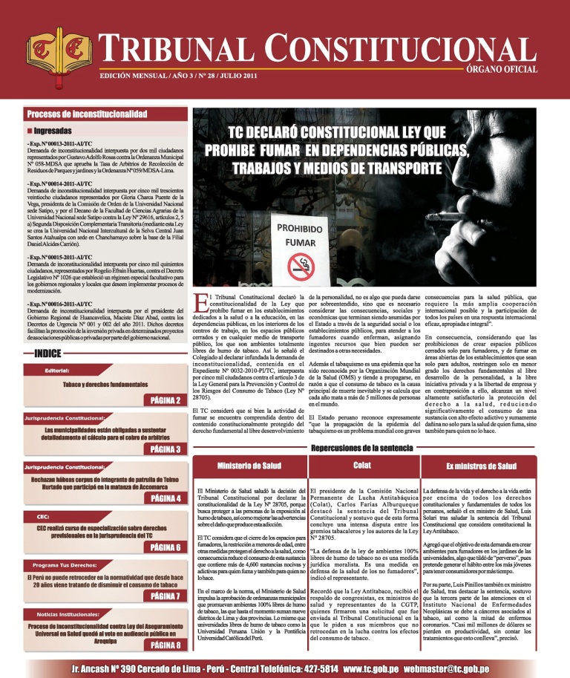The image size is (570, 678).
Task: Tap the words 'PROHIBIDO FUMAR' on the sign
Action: [301, 235]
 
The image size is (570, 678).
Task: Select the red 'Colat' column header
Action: [363, 465]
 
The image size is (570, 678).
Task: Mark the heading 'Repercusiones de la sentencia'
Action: [364, 448]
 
